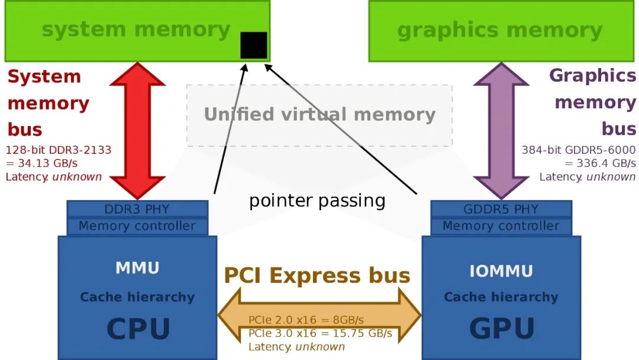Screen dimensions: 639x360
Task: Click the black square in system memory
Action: click(x=253, y=45)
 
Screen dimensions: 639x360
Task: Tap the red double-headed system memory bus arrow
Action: click(x=137, y=130)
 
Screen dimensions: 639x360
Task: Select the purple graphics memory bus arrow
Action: click(x=501, y=130)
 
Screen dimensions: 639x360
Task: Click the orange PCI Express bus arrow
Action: click(x=319, y=315)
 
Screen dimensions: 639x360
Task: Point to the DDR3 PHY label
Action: click(x=137, y=209)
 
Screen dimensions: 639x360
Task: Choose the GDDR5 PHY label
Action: click(x=501, y=209)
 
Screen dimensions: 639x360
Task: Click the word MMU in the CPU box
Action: click(x=137, y=268)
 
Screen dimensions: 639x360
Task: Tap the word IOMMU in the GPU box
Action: click(x=501, y=271)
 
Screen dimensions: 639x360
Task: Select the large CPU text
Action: click(x=138, y=329)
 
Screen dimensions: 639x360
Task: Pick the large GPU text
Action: click(x=502, y=329)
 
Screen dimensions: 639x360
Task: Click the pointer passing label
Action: click(x=317, y=201)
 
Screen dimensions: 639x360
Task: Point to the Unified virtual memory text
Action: click(x=320, y=114)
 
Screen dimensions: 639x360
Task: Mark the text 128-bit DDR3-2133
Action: click(x=58, y=150)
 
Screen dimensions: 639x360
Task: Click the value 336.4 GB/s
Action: click(x=606, y=163)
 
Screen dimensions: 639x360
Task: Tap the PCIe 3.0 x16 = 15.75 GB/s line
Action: click(x=320, y=333)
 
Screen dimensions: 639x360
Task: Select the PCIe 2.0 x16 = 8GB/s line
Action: click(x=306, y=320)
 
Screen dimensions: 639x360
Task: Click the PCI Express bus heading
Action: click(x=317, y=275)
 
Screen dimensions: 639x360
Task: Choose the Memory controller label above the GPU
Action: click(x=501, y=226)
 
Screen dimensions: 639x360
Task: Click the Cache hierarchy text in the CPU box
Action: click(x=137, y=297)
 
